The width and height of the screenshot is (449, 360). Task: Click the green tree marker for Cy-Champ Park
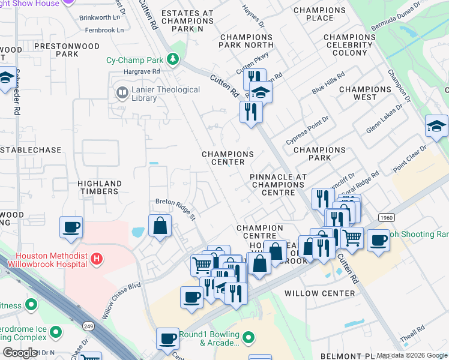tap(173, 59)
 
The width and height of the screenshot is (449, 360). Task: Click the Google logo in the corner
tap(20, 353)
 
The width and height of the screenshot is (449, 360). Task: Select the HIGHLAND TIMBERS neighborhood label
tap(100, 187)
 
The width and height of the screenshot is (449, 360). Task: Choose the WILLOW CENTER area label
tap(319, 293)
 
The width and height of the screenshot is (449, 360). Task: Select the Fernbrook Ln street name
tap(104, 29)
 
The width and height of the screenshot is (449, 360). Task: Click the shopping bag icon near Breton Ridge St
tap(160, 226)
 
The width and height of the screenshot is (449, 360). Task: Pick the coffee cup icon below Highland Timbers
tap(71, 227)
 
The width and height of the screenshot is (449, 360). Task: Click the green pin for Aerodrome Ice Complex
tap(56, 331)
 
